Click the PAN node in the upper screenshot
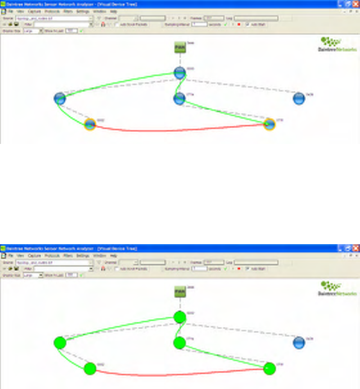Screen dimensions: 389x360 coord(180,48)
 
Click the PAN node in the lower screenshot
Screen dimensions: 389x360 coord(180,292)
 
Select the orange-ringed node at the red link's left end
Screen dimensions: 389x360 coord(89,125)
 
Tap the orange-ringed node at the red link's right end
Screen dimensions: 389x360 coord(269,124)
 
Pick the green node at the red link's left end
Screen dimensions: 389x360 coord(89,368)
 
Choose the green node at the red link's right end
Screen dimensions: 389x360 coord(269,368)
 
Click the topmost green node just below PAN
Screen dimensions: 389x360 coord(180,317)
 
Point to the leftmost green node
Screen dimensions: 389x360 coord(60,343)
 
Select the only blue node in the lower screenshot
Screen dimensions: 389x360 coord(299,343)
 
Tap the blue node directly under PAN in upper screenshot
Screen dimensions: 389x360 coord(179,73)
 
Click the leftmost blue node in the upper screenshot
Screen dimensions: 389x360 coord(60,99)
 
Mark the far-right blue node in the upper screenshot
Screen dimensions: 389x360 coord(299,99)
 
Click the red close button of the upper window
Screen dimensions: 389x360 coord(355,3)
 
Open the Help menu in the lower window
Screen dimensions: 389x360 coord(113,255)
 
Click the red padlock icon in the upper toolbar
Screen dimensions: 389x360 coord(103,25)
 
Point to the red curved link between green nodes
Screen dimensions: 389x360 coord(180,375)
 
